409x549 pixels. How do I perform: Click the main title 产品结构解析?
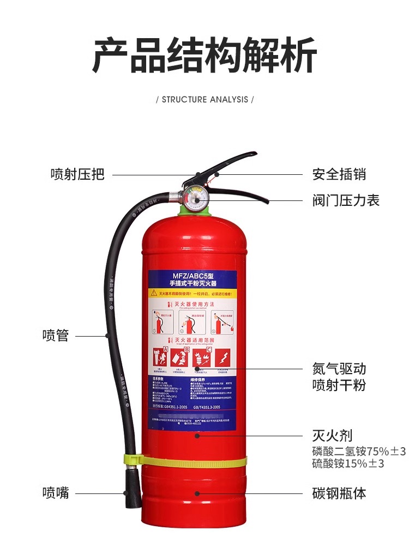204,56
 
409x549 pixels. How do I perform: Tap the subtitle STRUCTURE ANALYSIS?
204,100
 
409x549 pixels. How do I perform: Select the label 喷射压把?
77,174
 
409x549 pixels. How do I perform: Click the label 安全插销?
339,174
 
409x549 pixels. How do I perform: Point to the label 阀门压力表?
346,200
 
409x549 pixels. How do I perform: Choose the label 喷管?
56,335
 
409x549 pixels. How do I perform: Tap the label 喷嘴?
56,493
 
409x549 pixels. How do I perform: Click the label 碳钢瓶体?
339,493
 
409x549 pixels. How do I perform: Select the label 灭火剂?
332,435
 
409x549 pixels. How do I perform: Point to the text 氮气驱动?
339,368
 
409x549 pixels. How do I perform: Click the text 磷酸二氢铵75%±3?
359,452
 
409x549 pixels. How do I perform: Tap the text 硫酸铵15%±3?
348,463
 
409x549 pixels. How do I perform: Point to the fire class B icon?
182,357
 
